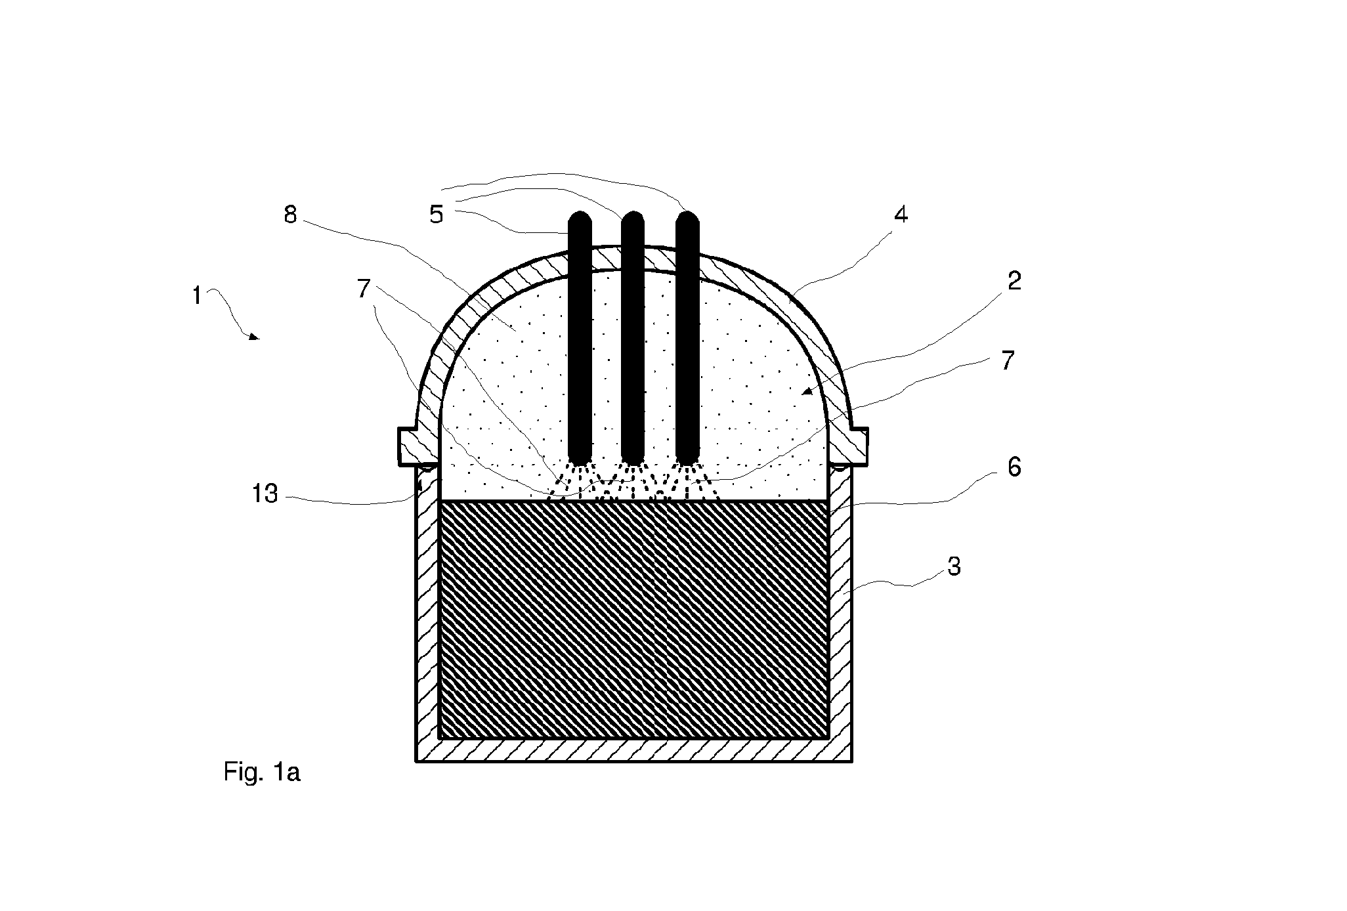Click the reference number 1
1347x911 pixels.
click(x=197, y=297)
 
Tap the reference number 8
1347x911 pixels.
click(x=290, y=215)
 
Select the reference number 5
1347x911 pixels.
click(x=437, y=215)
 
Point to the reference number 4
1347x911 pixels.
click(x=901, y=214)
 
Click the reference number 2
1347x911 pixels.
click(x=1014, y=281)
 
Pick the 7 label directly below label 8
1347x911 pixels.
click(x=364, y=289)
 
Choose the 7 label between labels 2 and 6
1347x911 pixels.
click(x=1008, y=360)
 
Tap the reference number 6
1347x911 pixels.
click(x=1014, y=467)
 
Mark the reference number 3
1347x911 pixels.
click(x=954, y=566)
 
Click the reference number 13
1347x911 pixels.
click(x=265, y=494)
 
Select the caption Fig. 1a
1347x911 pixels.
click(x=262, y=773)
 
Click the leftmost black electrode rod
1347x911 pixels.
click(x=580, y=337)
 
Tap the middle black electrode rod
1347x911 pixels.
click(x=633, y=337)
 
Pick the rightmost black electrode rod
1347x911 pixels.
click(x=687, y=337)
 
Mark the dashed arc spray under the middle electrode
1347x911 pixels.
click(x=633, y=482)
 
